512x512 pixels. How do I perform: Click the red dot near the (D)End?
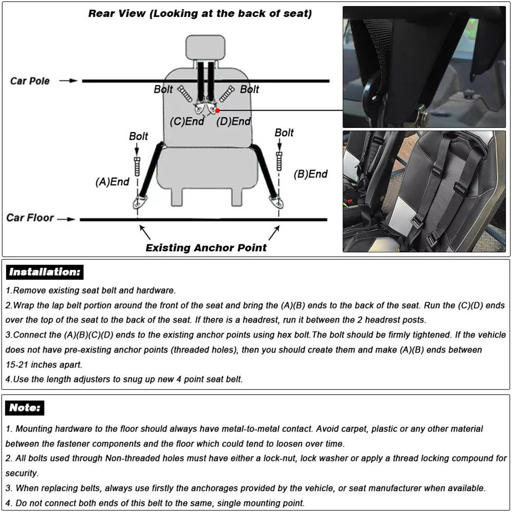218,110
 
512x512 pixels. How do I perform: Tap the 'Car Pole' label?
30,81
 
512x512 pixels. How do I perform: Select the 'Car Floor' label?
30,218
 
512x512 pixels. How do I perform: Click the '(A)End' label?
112,182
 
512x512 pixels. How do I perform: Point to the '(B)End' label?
310,174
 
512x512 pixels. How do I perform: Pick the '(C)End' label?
187,122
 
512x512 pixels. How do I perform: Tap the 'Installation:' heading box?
45,272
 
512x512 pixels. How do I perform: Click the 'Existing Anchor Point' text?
206,248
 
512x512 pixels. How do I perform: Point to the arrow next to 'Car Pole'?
68,81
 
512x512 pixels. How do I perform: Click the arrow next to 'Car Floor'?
66,219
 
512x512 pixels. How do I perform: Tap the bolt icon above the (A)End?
138,167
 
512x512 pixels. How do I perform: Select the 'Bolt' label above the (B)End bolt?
284,133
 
